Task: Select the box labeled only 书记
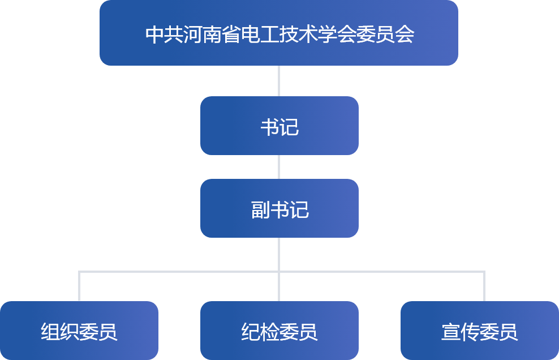coord(279,126)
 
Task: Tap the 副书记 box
coord(279,208)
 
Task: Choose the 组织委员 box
coord(79,331)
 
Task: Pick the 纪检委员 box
coord(279,331)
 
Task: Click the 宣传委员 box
coord(479,331)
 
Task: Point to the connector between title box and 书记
coord(279,81)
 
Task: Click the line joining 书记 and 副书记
coord(279,167)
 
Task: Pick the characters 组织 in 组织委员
coord(60,332)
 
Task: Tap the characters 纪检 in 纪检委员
coord(260,332)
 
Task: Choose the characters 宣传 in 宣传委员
coord(460,332)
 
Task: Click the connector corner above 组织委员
coord(79,272)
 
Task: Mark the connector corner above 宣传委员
coord(484,272)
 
